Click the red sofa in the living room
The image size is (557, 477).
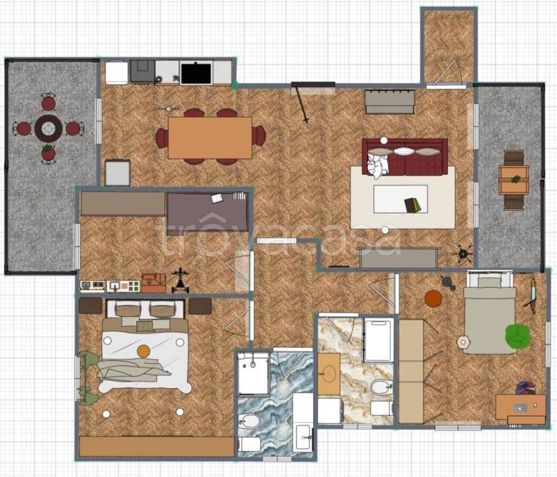(404, 157)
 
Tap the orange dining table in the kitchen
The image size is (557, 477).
(210, 137)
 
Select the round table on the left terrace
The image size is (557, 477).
(48, 128)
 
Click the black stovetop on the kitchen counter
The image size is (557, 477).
(196, 73)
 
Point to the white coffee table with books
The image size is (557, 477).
(401, 199)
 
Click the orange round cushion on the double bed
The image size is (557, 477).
(143, 351)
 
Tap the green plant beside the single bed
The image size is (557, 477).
(518, 337)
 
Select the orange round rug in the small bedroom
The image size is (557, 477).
(433, 298)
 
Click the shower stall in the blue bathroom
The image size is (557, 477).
(253, 373)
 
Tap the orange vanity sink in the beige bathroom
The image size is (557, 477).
(328, 374)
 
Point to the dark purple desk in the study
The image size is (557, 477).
(207, 212)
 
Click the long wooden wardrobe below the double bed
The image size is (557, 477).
(156, 446)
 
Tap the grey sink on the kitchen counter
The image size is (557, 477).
(143, 71)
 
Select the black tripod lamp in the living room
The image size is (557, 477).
(463, 253)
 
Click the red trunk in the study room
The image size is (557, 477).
(154, 283)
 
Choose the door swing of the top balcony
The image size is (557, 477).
(448, 73)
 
